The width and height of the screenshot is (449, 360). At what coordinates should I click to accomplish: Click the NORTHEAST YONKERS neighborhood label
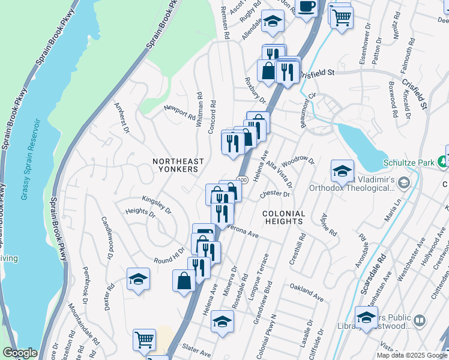click(x=178, y=165)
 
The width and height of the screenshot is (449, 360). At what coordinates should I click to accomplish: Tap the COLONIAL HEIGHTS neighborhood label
click(x=284, y=217)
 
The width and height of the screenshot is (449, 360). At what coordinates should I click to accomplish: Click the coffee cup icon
click(x=307, y=7)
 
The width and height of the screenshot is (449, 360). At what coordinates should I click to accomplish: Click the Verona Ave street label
click(x=241, y=230)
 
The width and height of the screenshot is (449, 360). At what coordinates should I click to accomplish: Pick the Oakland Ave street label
click(x=306, y=292)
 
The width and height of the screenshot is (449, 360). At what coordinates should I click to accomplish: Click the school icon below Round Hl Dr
click(x=138, y=279)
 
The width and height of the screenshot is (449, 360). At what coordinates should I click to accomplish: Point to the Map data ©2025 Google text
click(x=412, y=355)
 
